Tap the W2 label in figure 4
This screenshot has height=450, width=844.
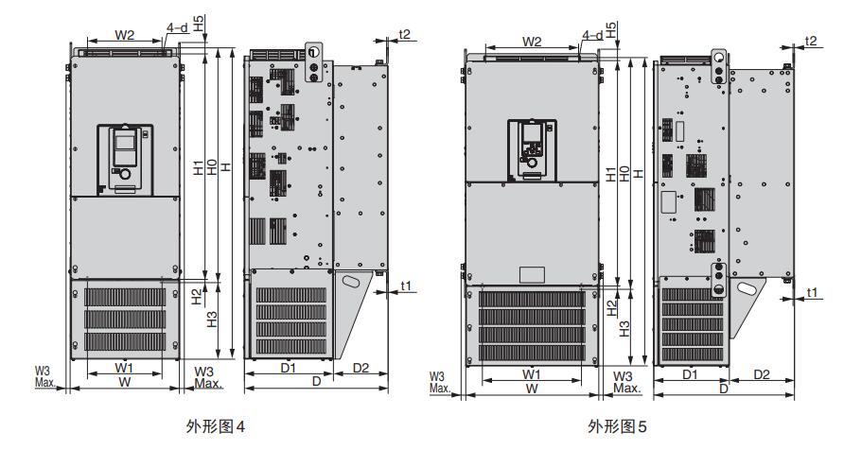point(125,35)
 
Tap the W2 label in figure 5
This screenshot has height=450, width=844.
point(532,42)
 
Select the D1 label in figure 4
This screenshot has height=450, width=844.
point(290,366)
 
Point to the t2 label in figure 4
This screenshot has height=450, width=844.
point(404,34)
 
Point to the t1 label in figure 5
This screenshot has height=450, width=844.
point(812,293)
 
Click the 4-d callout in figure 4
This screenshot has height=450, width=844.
point(176,28)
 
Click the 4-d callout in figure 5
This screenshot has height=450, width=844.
point(592,35)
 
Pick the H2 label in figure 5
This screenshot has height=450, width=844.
point(611,305)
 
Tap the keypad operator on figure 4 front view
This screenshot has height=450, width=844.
point(125,155)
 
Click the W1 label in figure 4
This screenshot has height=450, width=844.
point(124,366)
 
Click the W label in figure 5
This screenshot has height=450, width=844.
point(533,389)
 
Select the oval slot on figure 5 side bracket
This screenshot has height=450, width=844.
point(751,286)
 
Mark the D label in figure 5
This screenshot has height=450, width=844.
point(723,389)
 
